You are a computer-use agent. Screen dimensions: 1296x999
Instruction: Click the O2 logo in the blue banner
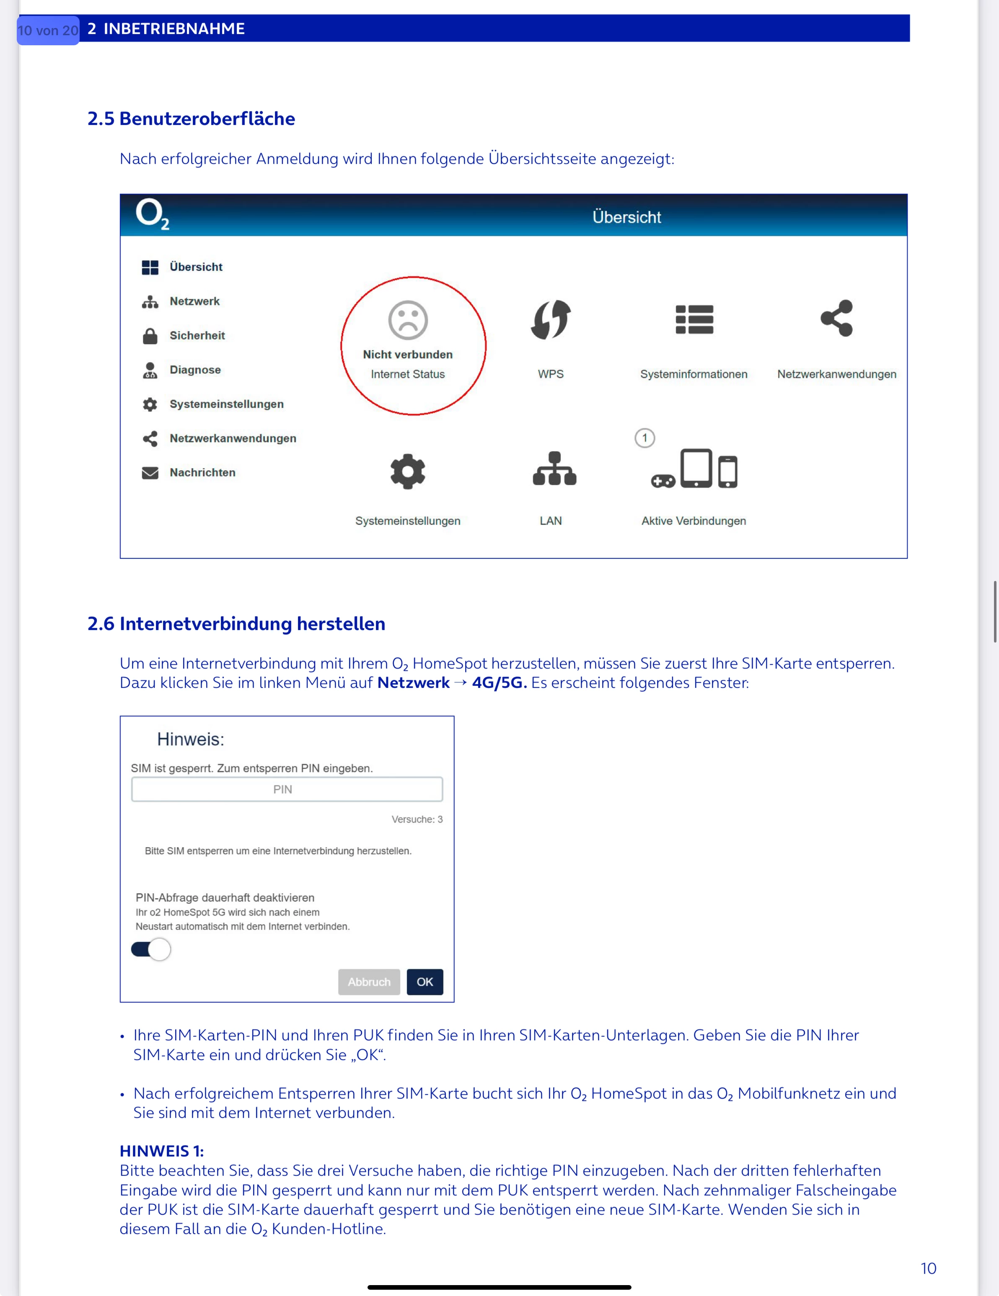coord(152,214)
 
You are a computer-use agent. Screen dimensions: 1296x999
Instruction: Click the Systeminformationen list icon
coord(694,320)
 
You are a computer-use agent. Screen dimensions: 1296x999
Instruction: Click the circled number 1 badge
coord(645,438)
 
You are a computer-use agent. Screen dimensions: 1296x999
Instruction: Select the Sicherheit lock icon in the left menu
coord(150,336)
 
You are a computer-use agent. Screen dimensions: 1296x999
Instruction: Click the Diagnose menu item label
coord(195,370)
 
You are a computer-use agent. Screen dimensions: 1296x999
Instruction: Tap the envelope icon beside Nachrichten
coord(150,473)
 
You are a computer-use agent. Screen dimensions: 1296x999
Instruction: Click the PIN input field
coord(287,789)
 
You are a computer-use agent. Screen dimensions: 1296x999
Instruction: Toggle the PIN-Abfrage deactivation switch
coord(151,949)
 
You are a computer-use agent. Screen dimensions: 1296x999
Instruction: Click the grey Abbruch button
coord(369,982)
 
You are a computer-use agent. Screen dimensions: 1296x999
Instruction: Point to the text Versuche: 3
coord(417,819)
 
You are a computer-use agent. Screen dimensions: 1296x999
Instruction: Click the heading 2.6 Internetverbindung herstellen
coord(236,624)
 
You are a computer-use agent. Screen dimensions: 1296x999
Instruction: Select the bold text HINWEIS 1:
coord(161,1151)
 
